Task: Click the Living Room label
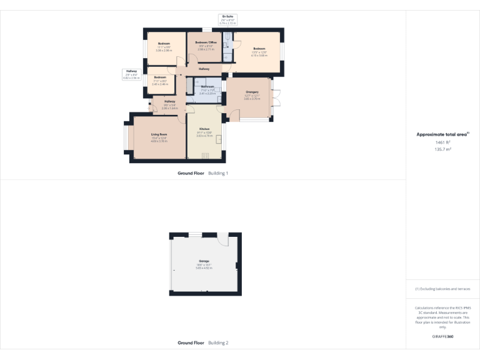[158, 134]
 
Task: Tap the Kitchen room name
[204, 128]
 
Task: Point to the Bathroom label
[207, 86]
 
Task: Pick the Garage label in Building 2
[204, 261]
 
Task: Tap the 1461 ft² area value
[443, 142]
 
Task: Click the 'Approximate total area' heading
[442, 134]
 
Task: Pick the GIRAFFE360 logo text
[443, 337]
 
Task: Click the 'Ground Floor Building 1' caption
[202, 172]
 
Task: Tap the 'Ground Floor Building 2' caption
[202, 342]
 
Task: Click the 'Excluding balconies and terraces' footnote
[443, 289]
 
